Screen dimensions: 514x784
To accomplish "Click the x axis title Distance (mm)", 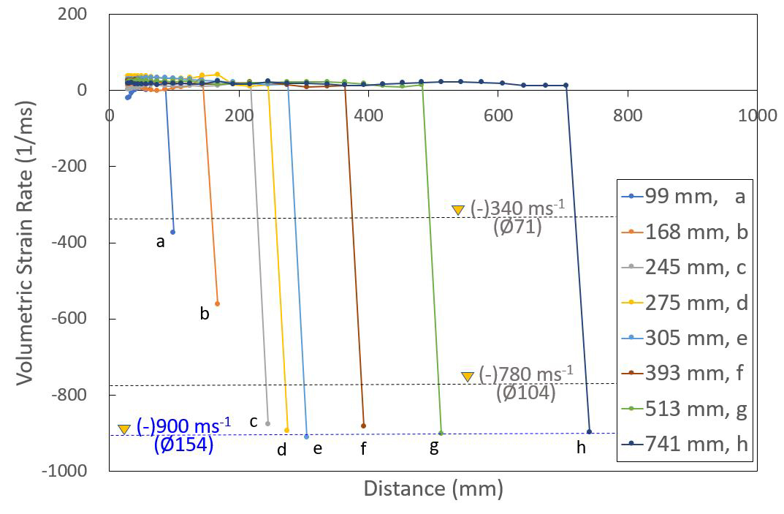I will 433,489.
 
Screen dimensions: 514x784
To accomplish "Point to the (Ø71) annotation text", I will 517,227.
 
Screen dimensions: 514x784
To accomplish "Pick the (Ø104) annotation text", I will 526,393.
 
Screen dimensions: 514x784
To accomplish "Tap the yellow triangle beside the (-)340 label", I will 458,210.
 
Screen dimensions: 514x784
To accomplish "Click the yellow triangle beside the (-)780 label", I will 468,376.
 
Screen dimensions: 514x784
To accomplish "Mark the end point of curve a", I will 173,232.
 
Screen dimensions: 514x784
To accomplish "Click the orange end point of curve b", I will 217,303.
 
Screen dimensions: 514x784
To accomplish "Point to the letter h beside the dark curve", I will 581,448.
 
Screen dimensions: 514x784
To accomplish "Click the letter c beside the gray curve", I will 254,422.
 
